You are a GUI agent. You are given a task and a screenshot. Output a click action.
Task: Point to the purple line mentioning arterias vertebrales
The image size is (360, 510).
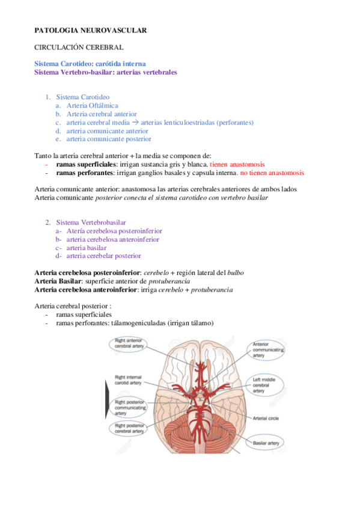pyautogui.click(x=106, y=72)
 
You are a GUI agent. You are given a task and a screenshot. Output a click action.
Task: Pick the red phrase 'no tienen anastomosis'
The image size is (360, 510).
pyautogui.click(x=273, y=173)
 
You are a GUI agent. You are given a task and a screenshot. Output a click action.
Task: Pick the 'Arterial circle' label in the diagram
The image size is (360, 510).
pyautogui.click(x=268, y=419)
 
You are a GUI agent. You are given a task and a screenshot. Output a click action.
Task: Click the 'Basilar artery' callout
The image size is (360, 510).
pyautogui.click(x=266, y=444)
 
